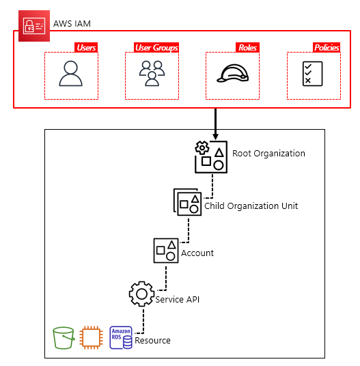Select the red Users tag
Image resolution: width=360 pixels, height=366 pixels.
(x=86, y=48)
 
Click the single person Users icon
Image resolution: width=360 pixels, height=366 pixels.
(x=70, y=74)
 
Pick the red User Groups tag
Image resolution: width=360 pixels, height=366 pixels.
(x=156, y=48)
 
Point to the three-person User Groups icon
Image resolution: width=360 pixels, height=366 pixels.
(x=152, y=74)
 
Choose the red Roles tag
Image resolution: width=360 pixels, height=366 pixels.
(x=247, y=48)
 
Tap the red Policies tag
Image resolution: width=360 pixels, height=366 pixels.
(x=326, y=48)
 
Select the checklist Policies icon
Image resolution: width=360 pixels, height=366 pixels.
(x=313, y=74)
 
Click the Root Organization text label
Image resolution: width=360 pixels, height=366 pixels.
(x=268, y=153)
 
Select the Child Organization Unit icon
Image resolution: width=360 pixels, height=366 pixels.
(x=187, y=202)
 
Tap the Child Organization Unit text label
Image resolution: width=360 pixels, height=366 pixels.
(x=251, y=206)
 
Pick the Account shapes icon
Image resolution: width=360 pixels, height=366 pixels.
(x=166, y=251)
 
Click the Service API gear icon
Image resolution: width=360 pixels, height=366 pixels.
(x=141, y=294)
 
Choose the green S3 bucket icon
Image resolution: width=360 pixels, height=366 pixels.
(x=64, y=338)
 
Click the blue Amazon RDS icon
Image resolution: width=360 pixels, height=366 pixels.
(x=121, y=338)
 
